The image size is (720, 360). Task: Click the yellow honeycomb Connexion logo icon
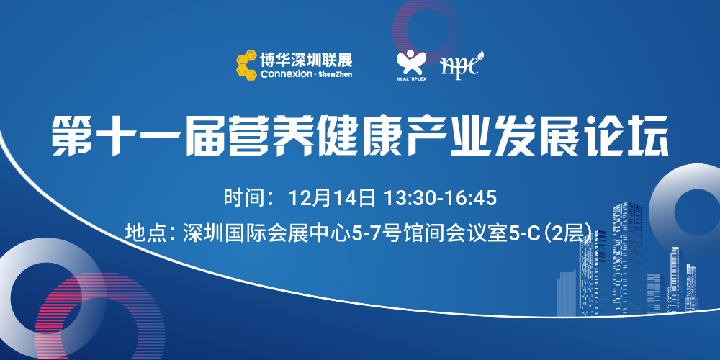coord(246,66)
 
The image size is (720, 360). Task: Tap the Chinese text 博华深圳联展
coord(306,60)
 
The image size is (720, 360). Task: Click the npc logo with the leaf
coord(462,64)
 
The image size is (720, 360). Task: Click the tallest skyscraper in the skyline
coord(627,258)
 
